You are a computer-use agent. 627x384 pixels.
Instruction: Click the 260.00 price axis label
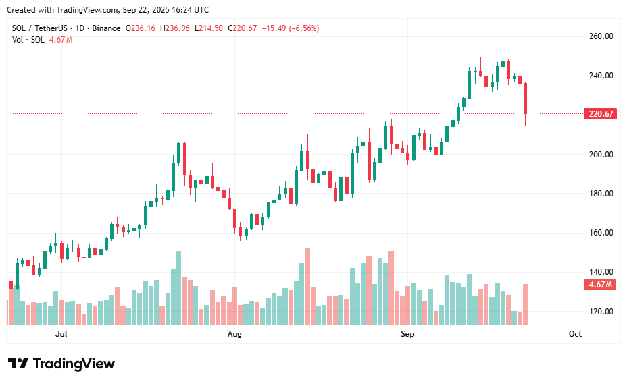[599, 36]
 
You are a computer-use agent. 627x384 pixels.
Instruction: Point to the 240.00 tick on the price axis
[599, 76]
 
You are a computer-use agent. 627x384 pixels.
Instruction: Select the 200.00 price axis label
[599, 154]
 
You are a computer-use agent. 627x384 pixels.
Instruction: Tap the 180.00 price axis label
[599, 194]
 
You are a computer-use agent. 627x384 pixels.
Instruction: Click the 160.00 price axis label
[599, 233]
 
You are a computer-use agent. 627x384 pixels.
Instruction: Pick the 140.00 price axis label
[599, 272]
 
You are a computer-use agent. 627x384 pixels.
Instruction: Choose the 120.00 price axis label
[599, 312]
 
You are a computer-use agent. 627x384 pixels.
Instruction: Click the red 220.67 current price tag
[601, 114]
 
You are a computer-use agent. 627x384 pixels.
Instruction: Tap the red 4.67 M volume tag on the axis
[601, 285]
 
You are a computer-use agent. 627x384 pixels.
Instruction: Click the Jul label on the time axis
[61, 334]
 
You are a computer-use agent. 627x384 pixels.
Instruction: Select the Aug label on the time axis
[234, 334]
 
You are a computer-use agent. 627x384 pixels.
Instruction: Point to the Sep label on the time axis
[407, 334]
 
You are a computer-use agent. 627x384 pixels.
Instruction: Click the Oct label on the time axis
[575, 334]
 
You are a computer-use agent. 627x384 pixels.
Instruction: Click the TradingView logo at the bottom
[61, 364]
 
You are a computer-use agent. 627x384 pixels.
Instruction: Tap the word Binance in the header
[106, 28]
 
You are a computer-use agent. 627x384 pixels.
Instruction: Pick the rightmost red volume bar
[525, 304]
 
